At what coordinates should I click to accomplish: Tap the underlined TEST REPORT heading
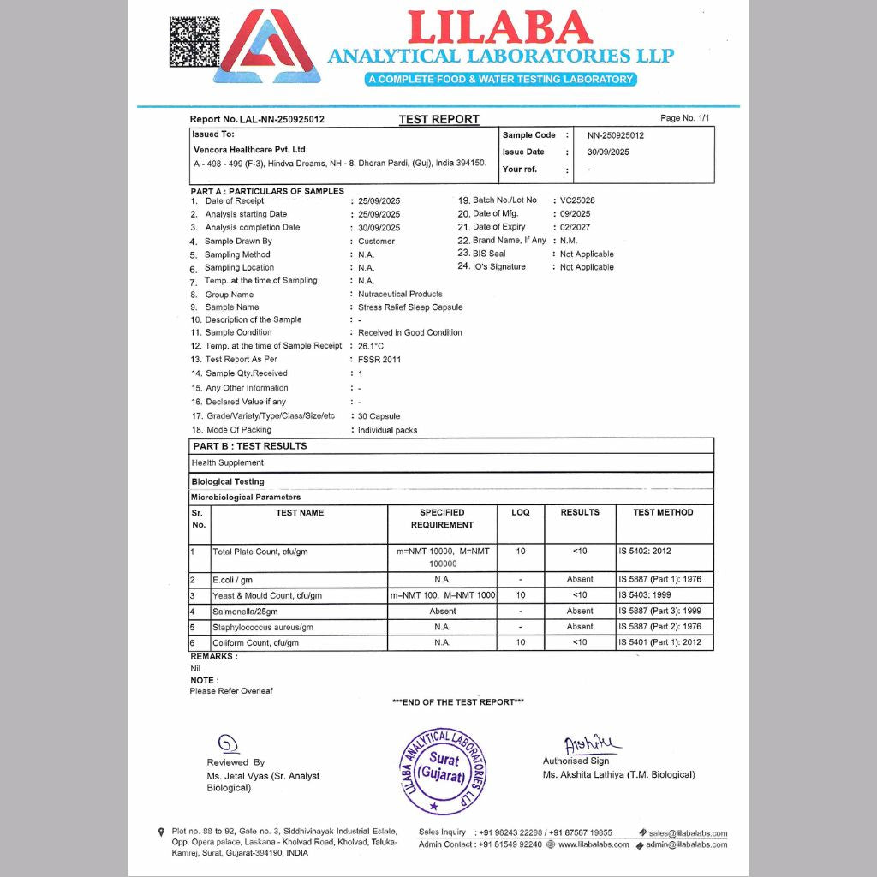click(x=438, y=119)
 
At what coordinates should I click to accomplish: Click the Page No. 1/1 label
click(x=685, y=118)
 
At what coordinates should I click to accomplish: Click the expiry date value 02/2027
click(x=575, y=227)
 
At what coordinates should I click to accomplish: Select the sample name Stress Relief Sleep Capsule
click(x=410, y=307)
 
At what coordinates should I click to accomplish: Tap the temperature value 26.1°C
click(x=371, y=346)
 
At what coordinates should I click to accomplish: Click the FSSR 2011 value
click(x=379, y=360)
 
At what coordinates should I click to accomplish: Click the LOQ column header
click(x=521, y=512)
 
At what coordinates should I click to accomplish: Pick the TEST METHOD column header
click(x=663, y=512)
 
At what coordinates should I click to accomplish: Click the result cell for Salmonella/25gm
click(x=580, y=612)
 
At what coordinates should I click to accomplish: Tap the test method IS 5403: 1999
click(x=647, y=595)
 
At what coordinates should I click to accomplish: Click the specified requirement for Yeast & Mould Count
click(x=442, y=595)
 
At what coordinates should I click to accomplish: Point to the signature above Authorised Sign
click(x=593, y=744)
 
